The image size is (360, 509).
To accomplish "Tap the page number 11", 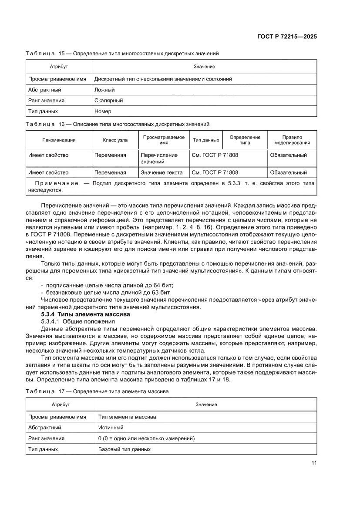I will (313, 463).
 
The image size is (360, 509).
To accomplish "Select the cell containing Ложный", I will (104, 90).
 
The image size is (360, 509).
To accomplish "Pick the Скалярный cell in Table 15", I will (108, 101).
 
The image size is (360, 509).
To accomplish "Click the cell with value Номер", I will (103, 111).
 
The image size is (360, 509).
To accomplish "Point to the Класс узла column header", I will (115, 140).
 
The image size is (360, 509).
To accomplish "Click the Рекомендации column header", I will (59, 140).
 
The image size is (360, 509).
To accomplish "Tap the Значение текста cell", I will (161, 172).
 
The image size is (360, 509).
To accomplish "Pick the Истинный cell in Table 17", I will (111, 428).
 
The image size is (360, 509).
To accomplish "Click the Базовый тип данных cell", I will (124, 449).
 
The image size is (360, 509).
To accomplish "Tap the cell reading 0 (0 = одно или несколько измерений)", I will (146, 438).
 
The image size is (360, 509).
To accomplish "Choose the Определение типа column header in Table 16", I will (245, 140).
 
